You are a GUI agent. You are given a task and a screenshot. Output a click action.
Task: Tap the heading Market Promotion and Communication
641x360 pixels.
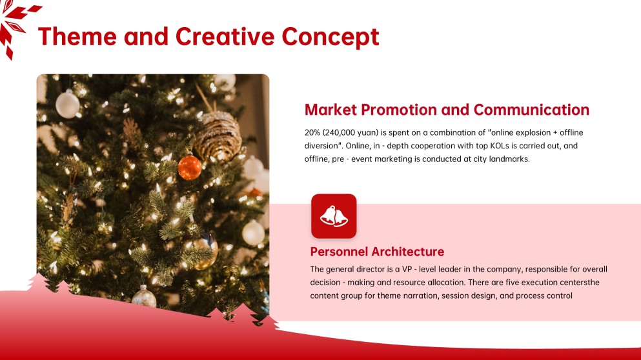[x=447, y=110]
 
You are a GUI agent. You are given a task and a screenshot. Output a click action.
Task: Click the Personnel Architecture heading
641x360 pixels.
[x=377, y=252]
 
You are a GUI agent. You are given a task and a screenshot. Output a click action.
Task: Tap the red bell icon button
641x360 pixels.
[x=334, y=216]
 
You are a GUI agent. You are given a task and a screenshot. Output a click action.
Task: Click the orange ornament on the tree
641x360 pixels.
[x=190, y=167]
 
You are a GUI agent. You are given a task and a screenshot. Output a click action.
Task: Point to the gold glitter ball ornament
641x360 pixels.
[x=218, y=134]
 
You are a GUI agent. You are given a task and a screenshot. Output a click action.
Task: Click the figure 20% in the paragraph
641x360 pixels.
[x=313, y=132]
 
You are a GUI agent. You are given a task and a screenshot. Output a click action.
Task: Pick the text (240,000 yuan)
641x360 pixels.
[x=351, y=132]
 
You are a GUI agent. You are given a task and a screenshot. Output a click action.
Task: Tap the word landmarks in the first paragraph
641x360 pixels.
[x=509, y=159]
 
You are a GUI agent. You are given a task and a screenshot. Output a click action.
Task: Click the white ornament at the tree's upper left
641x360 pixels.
[x=67, y=104]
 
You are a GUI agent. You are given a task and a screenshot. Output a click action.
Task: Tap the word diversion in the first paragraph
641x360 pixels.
[x=321, y=146]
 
